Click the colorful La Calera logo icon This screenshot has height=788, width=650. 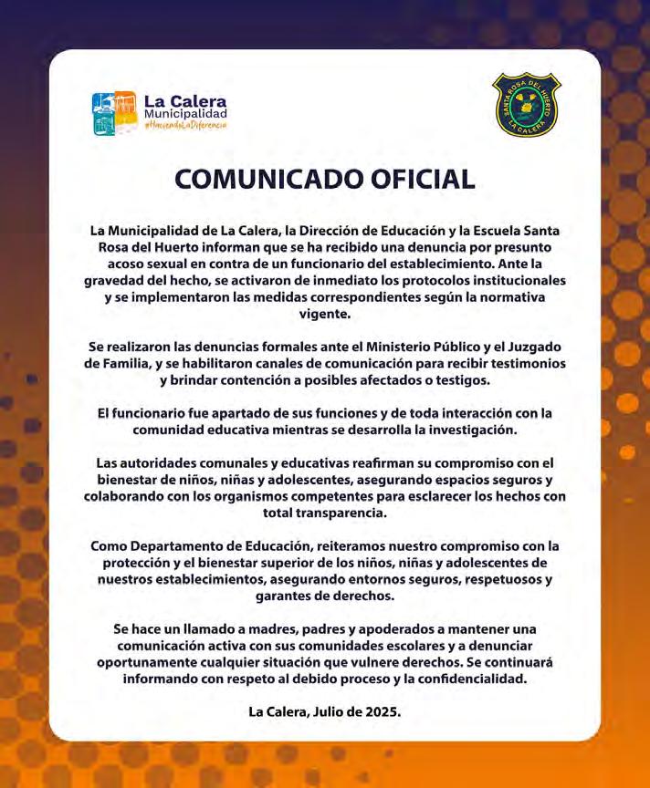114,114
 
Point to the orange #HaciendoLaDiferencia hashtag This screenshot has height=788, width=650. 185,125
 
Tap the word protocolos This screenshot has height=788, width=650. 421,281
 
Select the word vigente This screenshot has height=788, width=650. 324,314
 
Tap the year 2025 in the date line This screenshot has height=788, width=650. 380,711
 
